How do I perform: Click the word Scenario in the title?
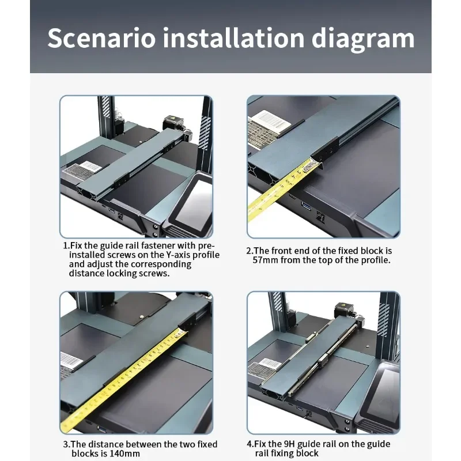click(x=101, y=38)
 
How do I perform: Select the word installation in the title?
click(x=233, y=37)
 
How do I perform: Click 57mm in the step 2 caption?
click(x=266, y=260)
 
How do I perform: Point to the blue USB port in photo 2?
click(x=306, y=206)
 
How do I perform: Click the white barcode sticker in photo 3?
click(x=71, y=361)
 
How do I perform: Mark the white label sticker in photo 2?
click(x=269, y=120)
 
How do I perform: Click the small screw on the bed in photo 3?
click(x=141, y=317)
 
